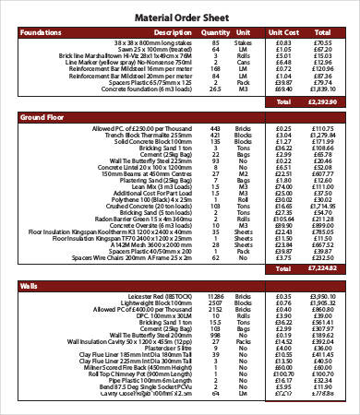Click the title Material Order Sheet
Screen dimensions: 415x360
[x=179, y=16]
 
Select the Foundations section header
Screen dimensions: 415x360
[x=42, y=31]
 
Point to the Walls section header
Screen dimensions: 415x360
[x=30, y=287]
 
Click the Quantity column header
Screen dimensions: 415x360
[x=215, y=31]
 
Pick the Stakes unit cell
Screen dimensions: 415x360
[x=244, y=41]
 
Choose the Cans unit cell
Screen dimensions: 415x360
[x=244, y=61]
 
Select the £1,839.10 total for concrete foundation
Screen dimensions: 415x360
[x=322, y=89]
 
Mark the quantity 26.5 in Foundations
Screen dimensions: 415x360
[x=215, y=89]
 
